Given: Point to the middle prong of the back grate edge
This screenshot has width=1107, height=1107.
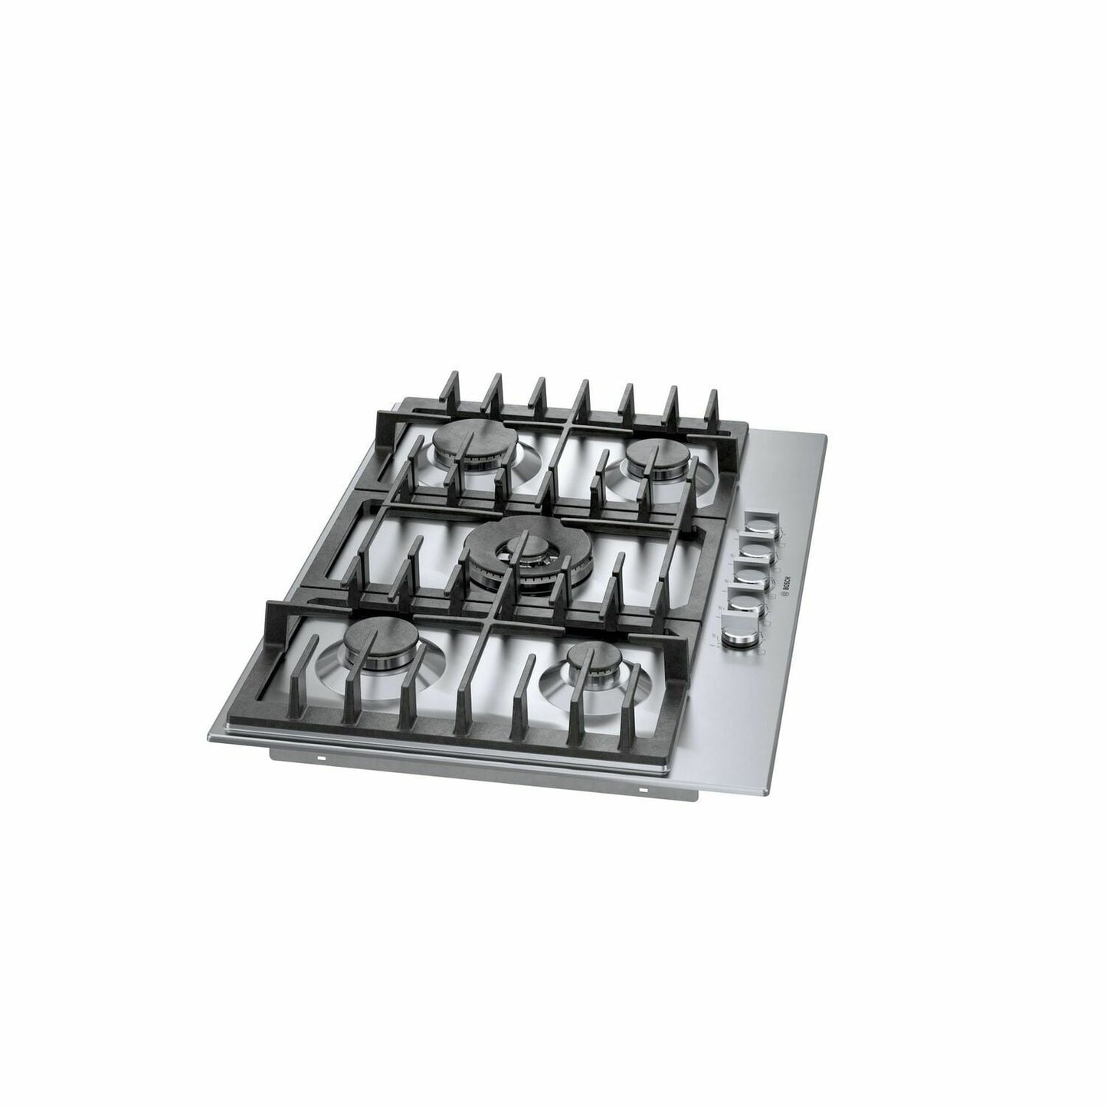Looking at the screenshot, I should pos(583,395).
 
